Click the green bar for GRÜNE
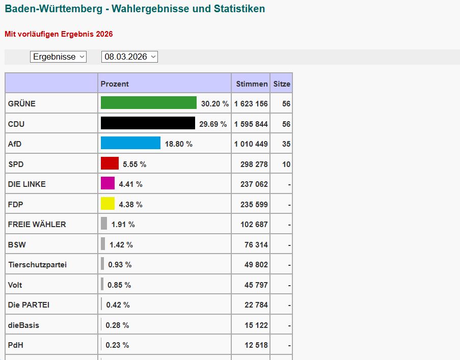[148, 103]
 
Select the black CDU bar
[148, 123]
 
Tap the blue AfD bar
[130, 143]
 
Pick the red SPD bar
[110, 163]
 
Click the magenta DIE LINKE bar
[107, 183]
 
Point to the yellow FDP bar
[107, 204]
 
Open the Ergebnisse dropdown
[59, 57]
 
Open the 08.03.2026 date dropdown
[129, 57]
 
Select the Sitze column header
[282, 84]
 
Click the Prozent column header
[115, 84]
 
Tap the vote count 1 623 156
[251, 104]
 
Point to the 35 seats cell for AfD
[286, 144]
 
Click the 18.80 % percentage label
[179, 144]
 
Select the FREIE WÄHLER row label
[37, 225]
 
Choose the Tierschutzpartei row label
[37, 265]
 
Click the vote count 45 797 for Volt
[256, 285]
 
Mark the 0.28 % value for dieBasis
[117, 325]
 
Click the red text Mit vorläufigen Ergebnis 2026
[59, 34]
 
